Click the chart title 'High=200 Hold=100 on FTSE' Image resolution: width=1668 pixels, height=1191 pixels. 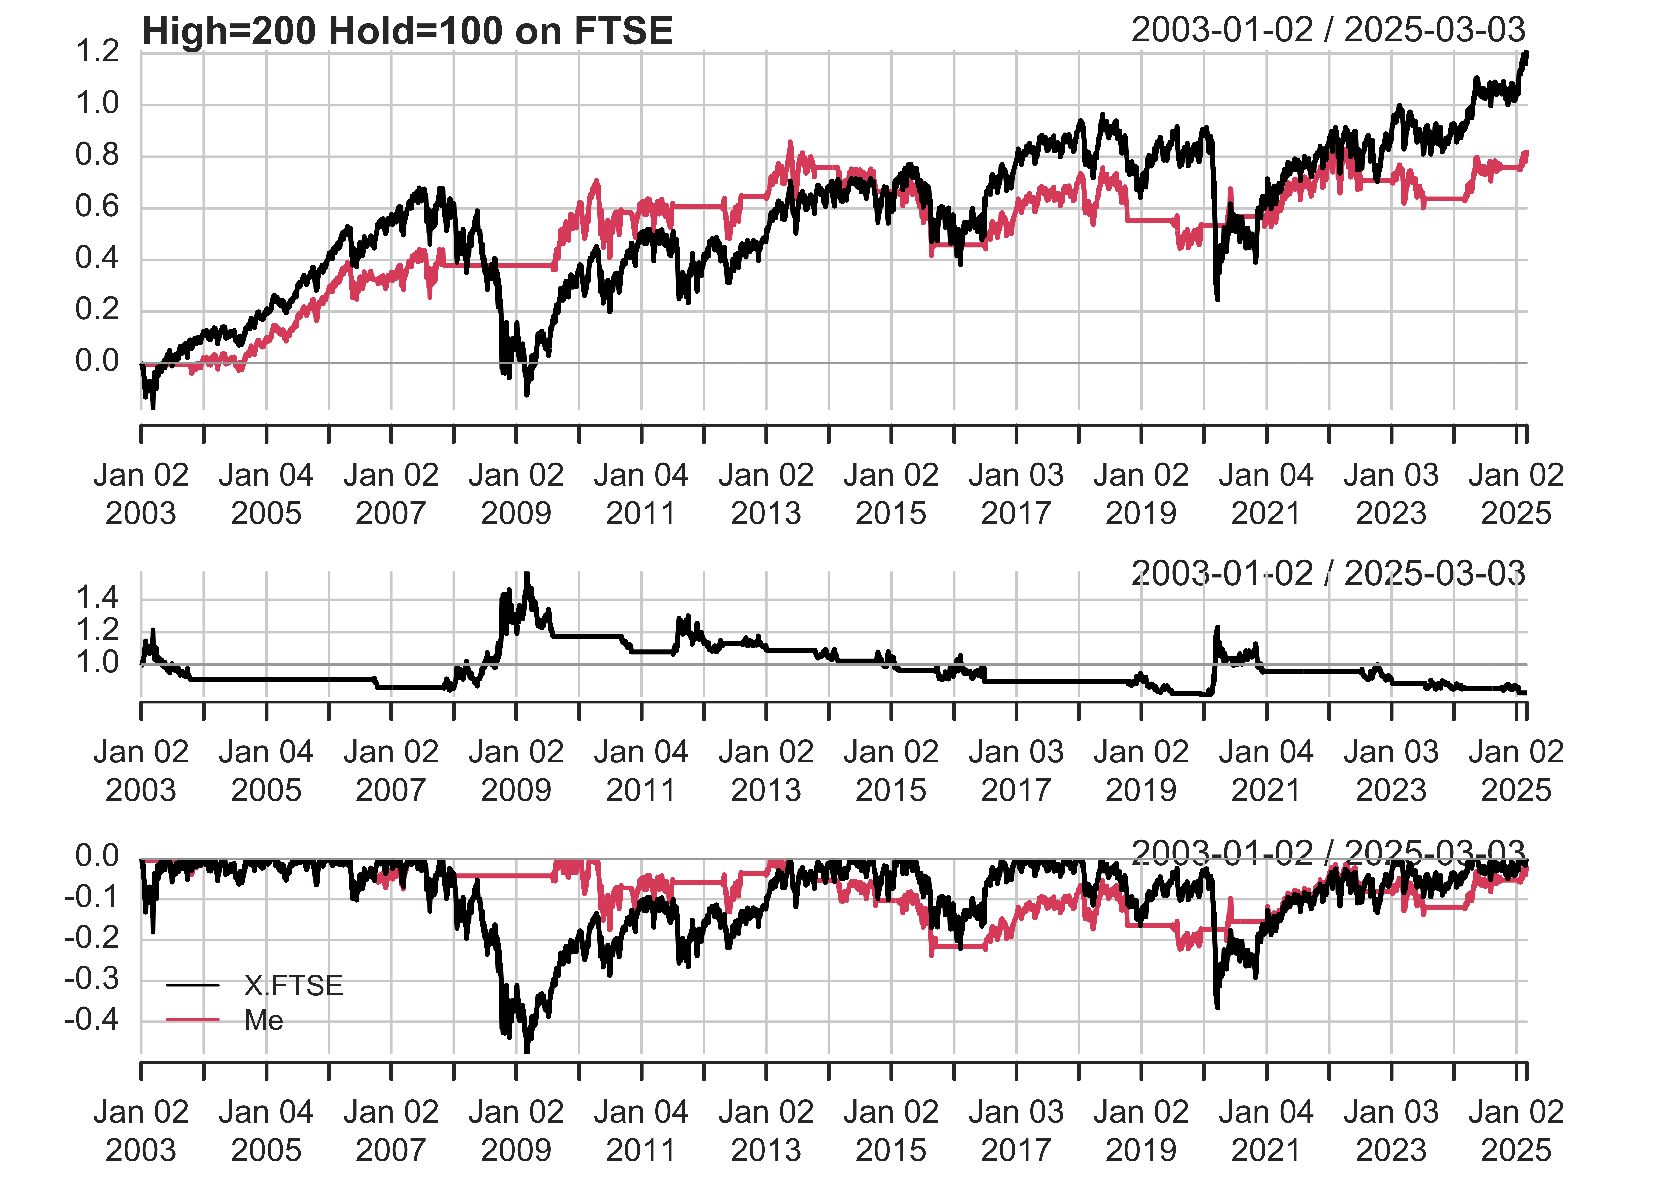407,32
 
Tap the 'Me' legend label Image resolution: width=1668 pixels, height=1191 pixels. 263,1020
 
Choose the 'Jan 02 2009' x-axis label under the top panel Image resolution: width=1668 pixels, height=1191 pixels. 516,493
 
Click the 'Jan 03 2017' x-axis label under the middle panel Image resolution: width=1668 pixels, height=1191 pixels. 1016,771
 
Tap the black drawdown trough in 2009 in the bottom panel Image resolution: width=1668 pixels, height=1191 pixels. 526,1050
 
